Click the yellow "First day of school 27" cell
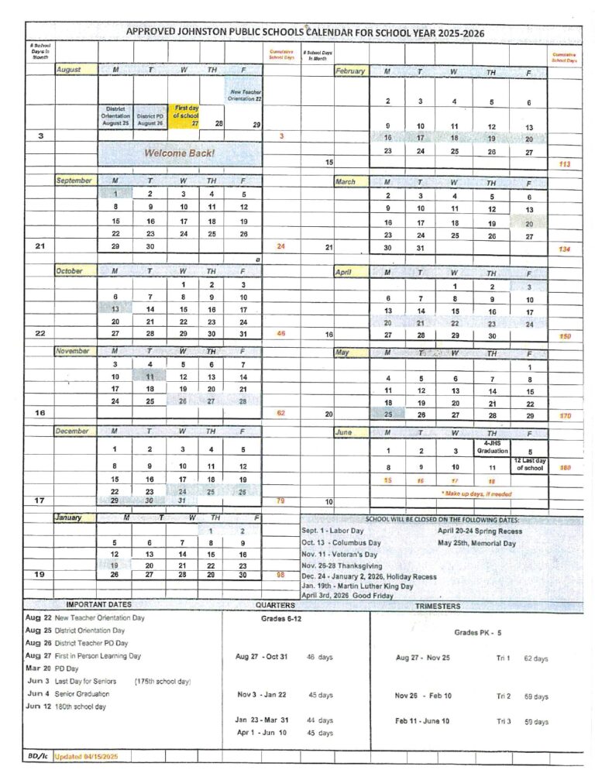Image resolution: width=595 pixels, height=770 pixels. (x=184, y=116)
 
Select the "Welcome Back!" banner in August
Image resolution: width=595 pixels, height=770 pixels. (x=179, y=153)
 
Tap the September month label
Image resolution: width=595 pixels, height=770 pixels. (x=75, y=180)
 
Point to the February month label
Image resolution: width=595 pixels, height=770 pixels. (x=350, y=71)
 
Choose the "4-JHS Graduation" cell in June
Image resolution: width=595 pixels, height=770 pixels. (x=491, y=447)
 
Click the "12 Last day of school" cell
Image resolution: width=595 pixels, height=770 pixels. (x=529, y=464)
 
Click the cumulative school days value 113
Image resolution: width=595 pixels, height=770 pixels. (x=563, y=163)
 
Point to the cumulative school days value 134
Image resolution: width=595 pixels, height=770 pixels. (x=565, y=249)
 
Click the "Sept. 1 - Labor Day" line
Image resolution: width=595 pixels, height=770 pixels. (x=332, y=531)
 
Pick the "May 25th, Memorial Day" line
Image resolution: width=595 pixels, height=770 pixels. (x=476, y=543)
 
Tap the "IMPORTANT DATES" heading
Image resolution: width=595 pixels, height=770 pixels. (x=98, y=605)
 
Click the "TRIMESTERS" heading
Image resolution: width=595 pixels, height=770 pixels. (x=438, y=606)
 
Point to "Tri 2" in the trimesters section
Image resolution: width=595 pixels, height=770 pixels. (x=503, y=696)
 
